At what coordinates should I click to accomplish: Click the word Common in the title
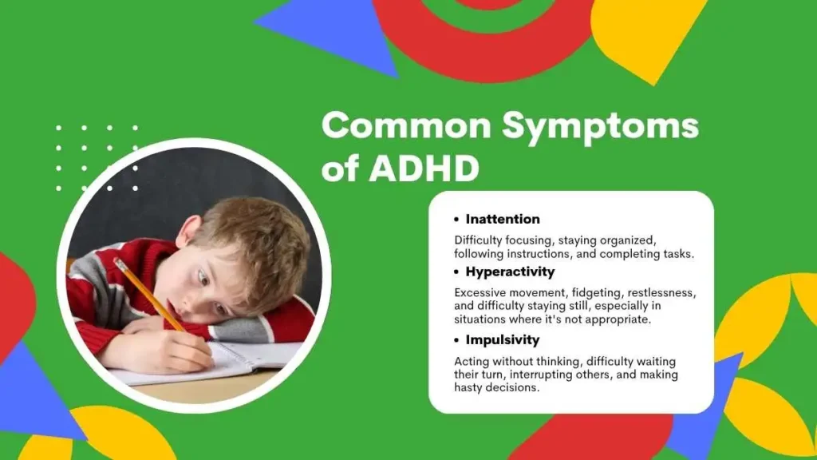click(x=406, y=125)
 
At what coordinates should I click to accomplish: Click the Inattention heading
click(x=503, y=219)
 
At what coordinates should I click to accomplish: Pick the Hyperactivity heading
click(x=510, y=272)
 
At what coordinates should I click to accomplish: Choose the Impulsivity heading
click(x=503, y=340)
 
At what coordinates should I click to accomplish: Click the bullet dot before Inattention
click(x=456, y=220)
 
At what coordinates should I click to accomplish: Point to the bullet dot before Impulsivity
click(x=456, y=340)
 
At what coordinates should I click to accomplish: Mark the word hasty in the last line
click(x=468, y=387)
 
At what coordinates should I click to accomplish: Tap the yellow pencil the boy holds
click(x=149, y=295)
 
